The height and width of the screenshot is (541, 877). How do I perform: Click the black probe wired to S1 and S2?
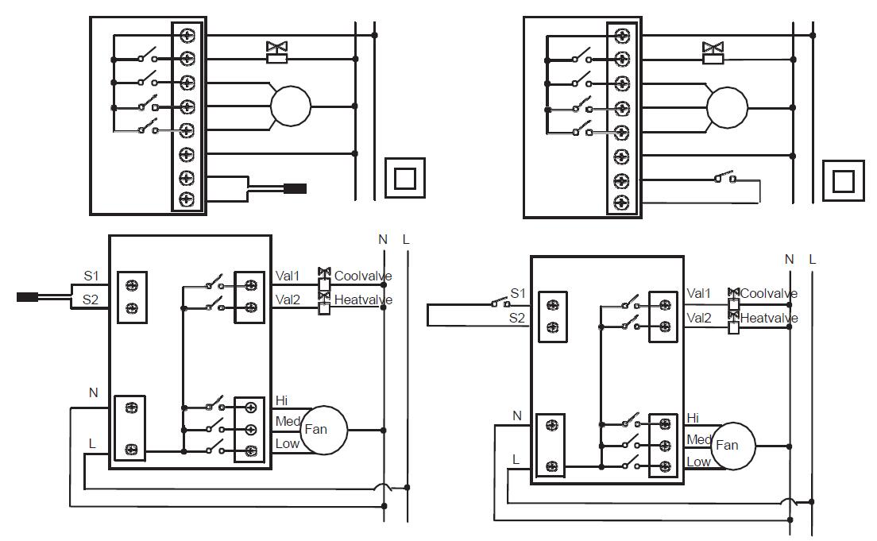point(28,298)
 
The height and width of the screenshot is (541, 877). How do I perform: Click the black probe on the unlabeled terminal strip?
point(295,189)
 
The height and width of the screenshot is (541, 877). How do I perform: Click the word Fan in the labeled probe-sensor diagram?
point(315,430)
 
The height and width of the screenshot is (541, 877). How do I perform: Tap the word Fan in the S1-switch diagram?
point(727,446)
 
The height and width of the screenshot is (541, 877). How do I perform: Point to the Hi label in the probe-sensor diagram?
point(281,400)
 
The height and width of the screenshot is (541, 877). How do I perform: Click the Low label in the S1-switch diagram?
point(697,462)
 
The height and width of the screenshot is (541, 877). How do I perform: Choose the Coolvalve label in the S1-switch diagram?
point(768,293)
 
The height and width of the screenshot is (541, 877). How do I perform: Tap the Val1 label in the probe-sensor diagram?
point(287,276)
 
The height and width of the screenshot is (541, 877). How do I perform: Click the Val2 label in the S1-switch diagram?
point(698,318)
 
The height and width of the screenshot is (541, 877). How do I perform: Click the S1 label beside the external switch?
point(518,293)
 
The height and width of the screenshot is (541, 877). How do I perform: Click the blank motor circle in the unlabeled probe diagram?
point(291,106)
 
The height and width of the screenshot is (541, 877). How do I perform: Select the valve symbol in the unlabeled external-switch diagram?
point(713,52)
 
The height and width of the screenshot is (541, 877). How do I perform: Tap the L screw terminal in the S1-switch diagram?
point(550,464)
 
